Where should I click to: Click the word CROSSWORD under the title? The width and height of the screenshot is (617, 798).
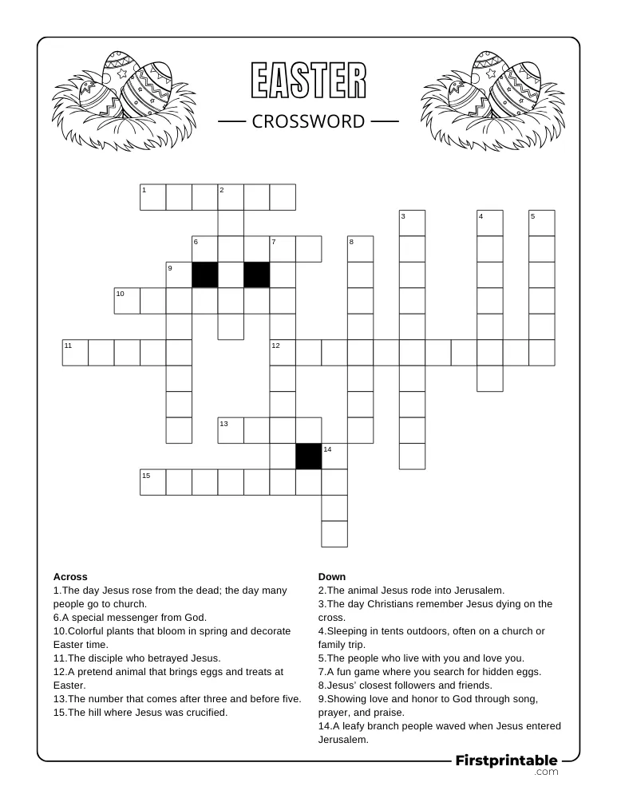point(308,121)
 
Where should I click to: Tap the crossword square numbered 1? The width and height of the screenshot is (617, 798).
point(153,197)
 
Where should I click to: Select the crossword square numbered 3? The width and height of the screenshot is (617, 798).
point(412,223)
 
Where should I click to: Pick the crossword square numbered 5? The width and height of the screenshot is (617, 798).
point(541,223)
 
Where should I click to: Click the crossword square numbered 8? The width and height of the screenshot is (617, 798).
point(360,249)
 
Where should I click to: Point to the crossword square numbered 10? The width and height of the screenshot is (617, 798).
point(127,301)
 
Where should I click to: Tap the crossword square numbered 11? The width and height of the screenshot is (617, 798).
point(75,353)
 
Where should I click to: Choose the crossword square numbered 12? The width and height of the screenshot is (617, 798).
point(283,353)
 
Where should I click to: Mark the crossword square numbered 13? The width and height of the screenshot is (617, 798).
point(231,430)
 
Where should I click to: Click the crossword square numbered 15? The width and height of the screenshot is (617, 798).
point(153,482)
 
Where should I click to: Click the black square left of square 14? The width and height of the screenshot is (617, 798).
point(308,456)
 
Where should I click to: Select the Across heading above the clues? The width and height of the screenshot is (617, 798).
point(70,576)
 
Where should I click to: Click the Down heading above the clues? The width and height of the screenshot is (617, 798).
point(332,576)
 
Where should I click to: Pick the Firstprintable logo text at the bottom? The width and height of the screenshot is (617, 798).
point(506,760)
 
